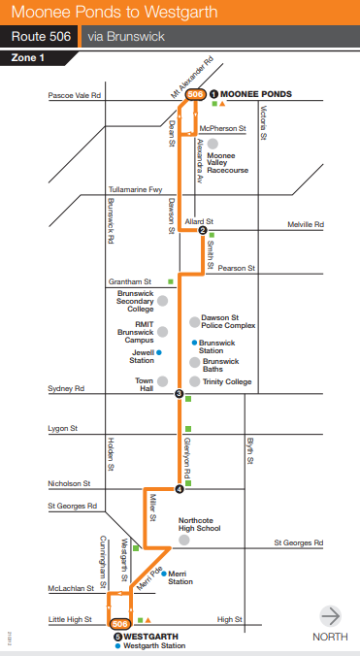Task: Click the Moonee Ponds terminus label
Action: click(x=256, y=94)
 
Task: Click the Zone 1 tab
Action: click(x=27, y=58)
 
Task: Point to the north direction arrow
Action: click(x=331, y=615)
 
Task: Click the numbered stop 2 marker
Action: click(x=203, y=230)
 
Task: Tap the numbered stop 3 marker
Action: click(x=179, y=393)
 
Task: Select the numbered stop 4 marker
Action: click(x=179, y=488)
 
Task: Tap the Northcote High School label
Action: click(x=201, y=525)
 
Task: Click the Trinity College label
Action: click(x=227, y=382)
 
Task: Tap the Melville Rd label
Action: click(x=332, y=224)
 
